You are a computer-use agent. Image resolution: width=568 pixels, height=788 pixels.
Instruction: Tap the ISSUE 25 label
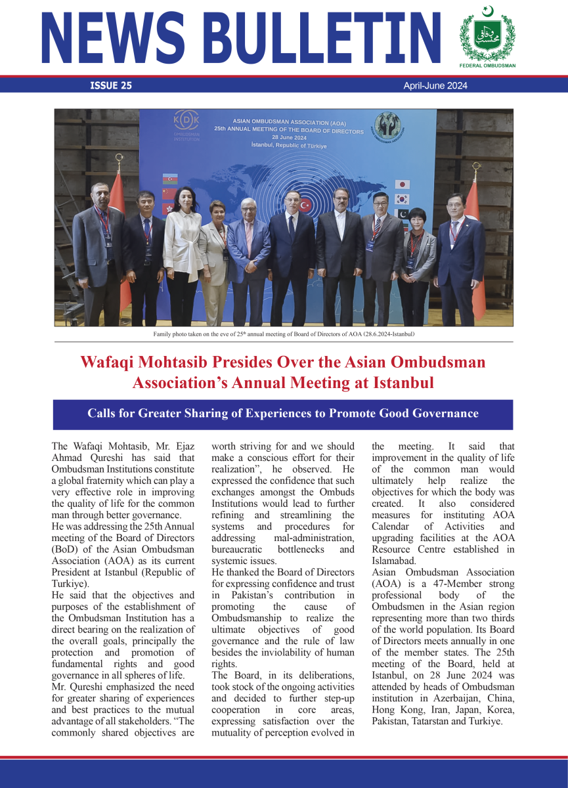(110, 85)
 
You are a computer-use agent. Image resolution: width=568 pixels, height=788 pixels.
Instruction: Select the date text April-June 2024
(435, 85)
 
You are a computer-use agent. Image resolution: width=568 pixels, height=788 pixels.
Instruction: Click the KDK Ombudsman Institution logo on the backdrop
(185, 125)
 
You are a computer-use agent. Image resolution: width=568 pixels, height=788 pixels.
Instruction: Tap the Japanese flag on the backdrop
(402, 185)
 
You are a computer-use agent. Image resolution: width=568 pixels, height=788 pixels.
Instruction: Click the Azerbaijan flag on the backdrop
(170, 179)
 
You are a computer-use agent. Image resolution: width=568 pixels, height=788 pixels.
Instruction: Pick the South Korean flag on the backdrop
(402, 199)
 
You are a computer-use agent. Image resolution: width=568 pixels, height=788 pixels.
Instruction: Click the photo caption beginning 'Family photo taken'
(284, 334)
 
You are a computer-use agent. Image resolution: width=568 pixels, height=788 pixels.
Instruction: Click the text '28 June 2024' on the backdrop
(288, 138)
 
